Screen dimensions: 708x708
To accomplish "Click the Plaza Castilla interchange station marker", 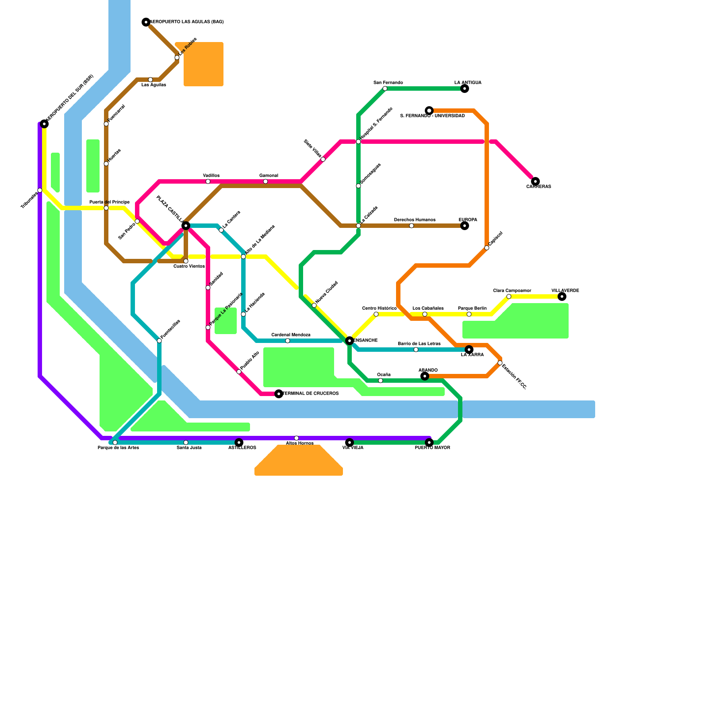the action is (186, 226).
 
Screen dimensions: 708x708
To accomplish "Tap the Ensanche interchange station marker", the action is (350, 341).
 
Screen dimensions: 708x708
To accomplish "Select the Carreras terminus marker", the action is (535, 181).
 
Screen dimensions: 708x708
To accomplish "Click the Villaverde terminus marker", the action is (562, 296).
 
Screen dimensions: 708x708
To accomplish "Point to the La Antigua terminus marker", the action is (465, 88).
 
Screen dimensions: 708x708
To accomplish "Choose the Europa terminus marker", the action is (465, 226).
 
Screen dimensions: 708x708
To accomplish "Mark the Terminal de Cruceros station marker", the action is (279, 394).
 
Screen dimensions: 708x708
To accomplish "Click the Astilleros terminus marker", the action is (239, 442).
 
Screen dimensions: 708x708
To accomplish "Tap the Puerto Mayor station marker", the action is (429, 442).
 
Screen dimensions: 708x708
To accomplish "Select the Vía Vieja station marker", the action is (350, 442).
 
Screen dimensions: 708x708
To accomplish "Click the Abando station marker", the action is (425, 376).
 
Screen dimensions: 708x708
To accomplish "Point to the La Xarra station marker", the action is (469, 350).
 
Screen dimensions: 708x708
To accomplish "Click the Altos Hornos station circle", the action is (296, 438).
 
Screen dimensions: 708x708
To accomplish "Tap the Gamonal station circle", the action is (265, 181).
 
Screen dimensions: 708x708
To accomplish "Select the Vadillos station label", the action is (212, 176).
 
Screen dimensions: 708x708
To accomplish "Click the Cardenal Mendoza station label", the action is (291, 335).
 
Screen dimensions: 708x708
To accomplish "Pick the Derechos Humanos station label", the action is (415, 220).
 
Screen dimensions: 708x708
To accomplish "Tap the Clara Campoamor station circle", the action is (509, 296).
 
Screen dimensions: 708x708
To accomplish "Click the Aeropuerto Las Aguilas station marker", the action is (146, 22).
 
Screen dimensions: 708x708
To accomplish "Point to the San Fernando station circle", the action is (385, 88).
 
